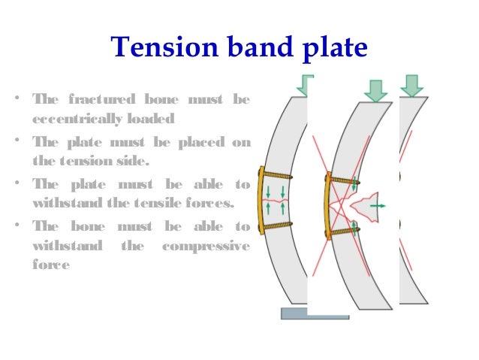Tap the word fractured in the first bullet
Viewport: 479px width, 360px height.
pos(102,100)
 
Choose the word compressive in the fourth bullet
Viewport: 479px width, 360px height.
pos(210,245)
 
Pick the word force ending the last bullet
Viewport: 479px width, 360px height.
pos(50,265)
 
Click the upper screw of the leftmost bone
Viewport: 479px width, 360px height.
pos(277,177)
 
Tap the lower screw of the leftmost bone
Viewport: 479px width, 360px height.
pos(277,225)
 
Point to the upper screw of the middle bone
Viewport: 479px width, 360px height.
pos(344,181)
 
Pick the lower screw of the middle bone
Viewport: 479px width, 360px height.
pos(344,231)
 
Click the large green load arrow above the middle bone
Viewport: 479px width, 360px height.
pos(375,90)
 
